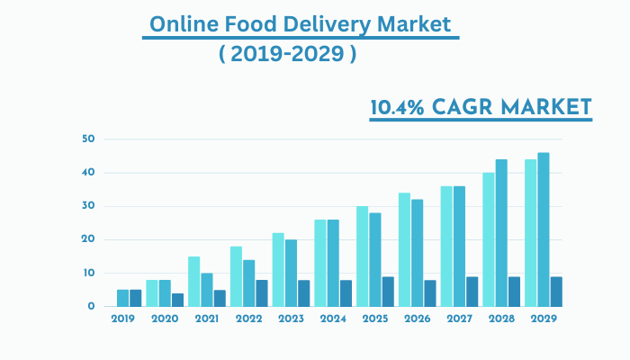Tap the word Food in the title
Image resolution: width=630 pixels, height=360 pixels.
(252, 24)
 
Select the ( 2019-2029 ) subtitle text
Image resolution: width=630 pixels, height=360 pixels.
(287, 53)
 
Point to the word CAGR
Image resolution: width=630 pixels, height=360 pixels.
(472, 108)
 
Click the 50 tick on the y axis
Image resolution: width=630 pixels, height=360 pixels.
(87, 139)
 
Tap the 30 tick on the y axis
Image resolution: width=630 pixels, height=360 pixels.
(87, 206)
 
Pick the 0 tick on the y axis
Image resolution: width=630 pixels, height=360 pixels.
(91, 307)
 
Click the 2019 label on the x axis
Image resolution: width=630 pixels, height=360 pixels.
(122, 319)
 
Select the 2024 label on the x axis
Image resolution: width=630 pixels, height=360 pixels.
(333, 319)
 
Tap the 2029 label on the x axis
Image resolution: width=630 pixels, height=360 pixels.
(544, 319)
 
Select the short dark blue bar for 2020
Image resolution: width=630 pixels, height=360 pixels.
(178, 300)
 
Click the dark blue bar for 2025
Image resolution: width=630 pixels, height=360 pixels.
(388, 292)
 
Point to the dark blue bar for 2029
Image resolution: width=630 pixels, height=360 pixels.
(556, 292)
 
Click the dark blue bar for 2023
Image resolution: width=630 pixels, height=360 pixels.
(304, 293)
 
